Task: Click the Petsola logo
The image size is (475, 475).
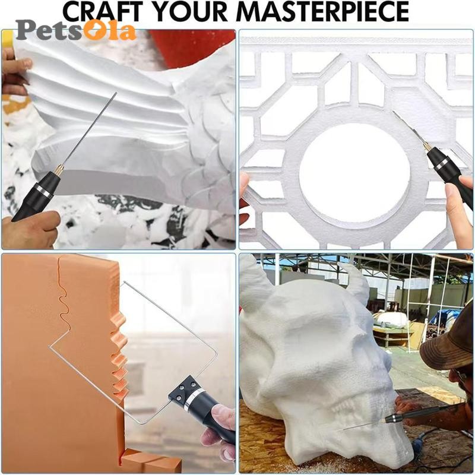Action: tap(76, 30)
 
